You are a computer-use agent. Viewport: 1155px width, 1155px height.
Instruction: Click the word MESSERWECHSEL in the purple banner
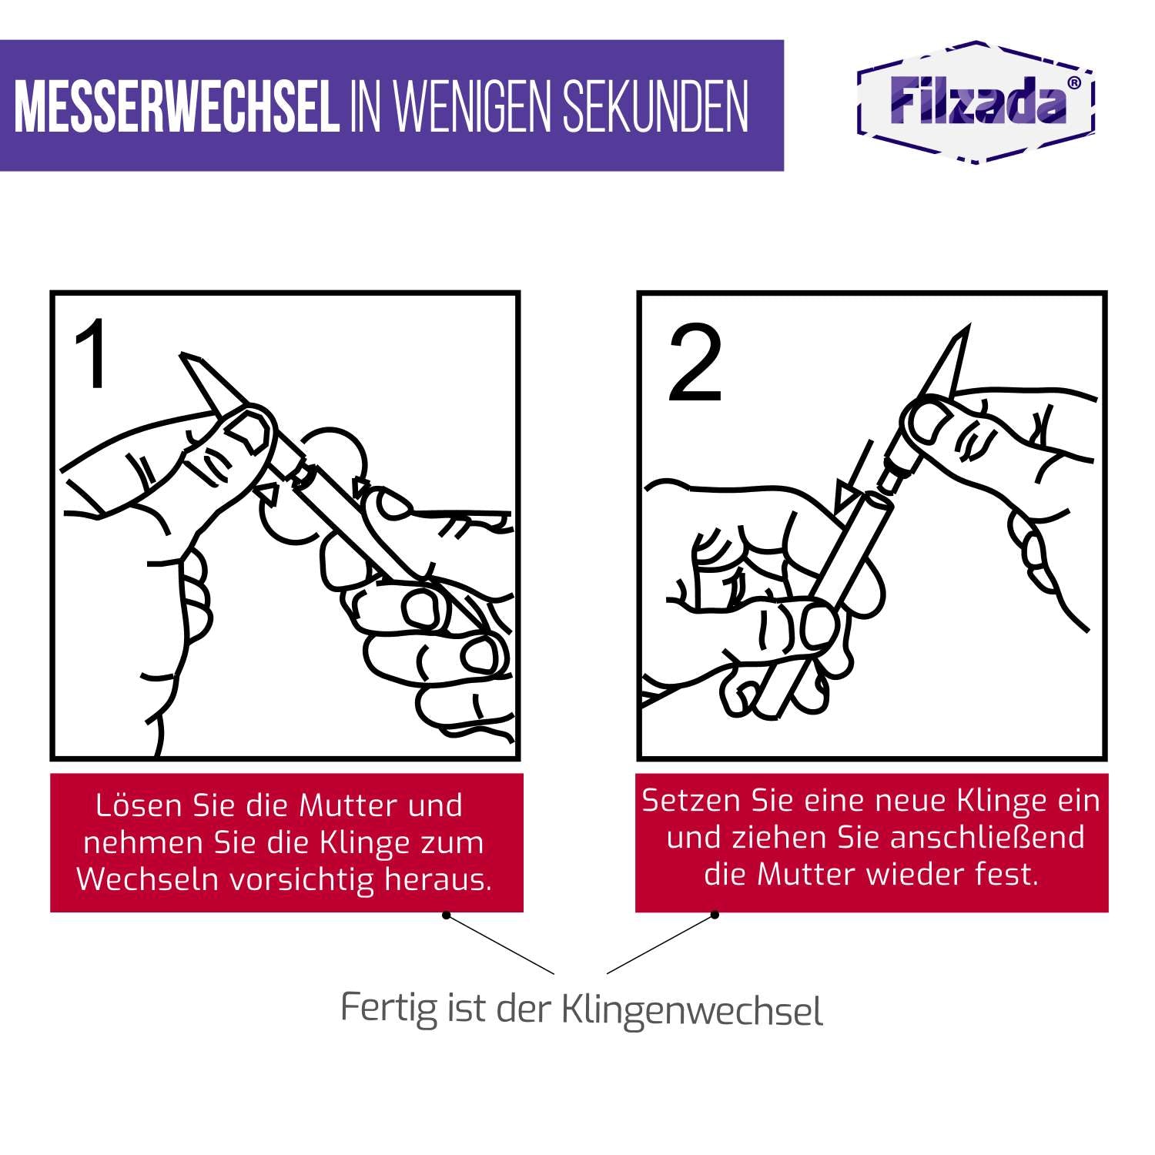176,105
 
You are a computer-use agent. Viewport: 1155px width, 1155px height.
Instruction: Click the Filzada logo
976,101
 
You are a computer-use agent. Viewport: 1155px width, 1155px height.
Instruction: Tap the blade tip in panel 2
965,328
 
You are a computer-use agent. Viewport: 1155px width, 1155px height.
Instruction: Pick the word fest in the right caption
1011,875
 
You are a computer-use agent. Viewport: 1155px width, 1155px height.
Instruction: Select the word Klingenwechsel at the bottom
693,1010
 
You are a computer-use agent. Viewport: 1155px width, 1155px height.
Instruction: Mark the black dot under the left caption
445,915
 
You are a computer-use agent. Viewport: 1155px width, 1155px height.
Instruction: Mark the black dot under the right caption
715,915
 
